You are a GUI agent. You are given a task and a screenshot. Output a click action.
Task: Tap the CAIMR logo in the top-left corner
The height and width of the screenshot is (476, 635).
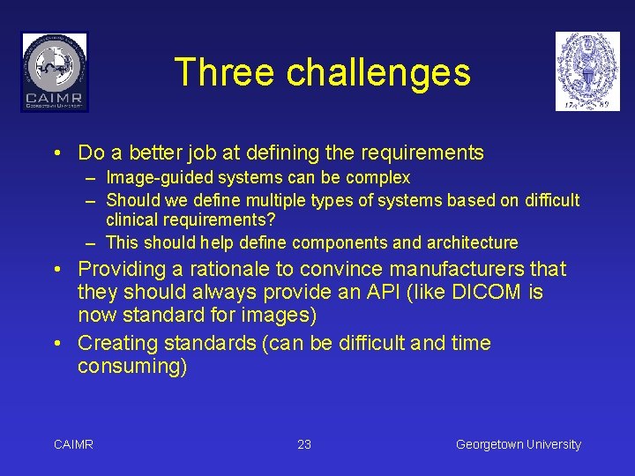click(x=55, y=71)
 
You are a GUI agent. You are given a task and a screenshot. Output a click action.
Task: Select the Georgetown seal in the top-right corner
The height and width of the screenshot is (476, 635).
click(x=587, y=71)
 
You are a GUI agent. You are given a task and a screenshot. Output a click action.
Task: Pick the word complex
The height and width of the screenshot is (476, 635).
click(x=377, y=178)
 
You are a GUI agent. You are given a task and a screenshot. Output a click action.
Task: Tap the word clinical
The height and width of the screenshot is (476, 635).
click(x=131, y=220)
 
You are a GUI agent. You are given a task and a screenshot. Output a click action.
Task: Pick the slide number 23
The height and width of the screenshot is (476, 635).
click(x=304, y=444)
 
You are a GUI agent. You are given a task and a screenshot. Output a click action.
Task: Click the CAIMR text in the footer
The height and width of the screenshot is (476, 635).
click(x=73, y=444)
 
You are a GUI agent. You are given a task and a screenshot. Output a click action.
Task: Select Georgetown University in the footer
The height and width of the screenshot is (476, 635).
click(x=519, y=444)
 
